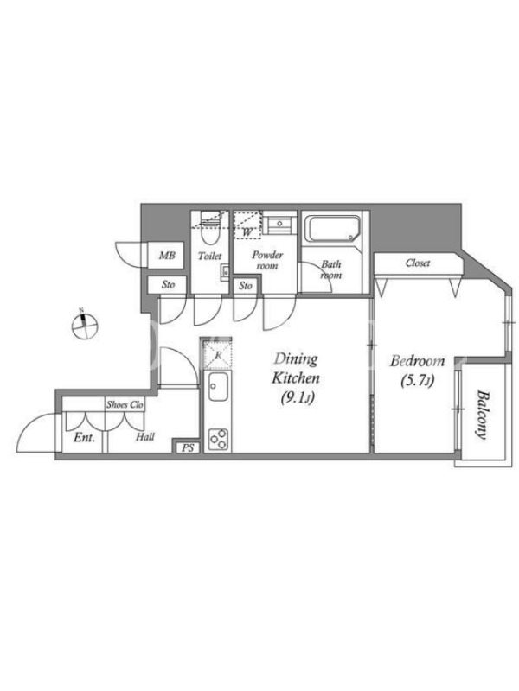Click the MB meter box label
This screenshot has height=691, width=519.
167,255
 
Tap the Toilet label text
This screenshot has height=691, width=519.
209,256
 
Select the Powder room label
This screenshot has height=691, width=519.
267,260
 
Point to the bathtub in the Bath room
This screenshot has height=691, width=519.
334,228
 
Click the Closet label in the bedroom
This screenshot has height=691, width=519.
418,263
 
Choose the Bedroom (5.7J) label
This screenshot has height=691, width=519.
417,371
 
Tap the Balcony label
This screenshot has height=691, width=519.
482,415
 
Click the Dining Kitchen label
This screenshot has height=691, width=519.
295,378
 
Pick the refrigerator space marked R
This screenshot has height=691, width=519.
218,354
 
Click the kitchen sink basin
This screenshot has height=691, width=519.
218,386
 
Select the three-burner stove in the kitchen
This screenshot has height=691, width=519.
219,439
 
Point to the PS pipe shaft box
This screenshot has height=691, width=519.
188,447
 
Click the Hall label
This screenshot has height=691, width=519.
145,437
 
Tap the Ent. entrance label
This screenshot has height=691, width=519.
84,438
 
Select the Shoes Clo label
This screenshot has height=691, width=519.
125,404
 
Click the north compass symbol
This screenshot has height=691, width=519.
84,326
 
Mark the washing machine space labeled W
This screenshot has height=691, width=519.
247,225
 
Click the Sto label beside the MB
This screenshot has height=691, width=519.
168,285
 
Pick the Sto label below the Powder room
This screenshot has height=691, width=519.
246,286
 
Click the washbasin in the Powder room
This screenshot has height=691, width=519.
279,224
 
